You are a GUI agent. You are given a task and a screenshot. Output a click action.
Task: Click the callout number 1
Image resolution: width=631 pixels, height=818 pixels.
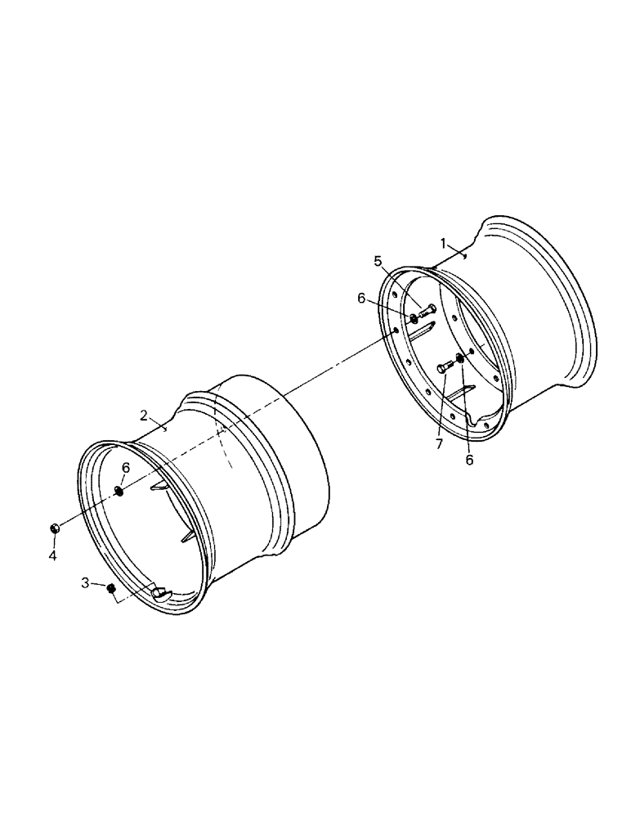[442, 243]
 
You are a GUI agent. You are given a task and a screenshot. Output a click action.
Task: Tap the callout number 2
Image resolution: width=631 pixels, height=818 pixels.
[143, 415]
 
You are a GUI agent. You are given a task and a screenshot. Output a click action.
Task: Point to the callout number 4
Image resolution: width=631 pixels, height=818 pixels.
[52, 556]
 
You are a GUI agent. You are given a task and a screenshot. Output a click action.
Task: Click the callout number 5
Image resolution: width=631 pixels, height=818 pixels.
[378, 261]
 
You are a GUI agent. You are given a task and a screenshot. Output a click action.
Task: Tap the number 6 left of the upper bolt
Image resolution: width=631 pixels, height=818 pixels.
[361, 298]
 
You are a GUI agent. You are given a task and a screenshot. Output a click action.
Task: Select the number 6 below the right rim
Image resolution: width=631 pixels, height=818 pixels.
[469, 460]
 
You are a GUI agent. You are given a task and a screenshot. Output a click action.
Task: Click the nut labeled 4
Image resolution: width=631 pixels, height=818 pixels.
[54, 529]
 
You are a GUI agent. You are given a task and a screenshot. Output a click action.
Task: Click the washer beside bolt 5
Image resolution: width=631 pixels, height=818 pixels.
[414, 317]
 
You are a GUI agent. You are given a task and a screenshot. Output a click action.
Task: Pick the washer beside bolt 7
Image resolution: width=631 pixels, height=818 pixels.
[460, 359]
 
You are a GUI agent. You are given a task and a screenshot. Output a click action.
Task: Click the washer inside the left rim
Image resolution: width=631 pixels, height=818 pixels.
[119, 491]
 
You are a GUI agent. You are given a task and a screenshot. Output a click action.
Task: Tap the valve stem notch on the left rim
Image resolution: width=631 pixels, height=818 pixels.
[161, 594]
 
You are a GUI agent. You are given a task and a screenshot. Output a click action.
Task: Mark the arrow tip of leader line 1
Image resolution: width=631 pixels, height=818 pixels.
[464, 257]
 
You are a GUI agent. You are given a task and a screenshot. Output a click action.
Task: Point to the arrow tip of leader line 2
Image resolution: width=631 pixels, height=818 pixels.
[167, 429]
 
